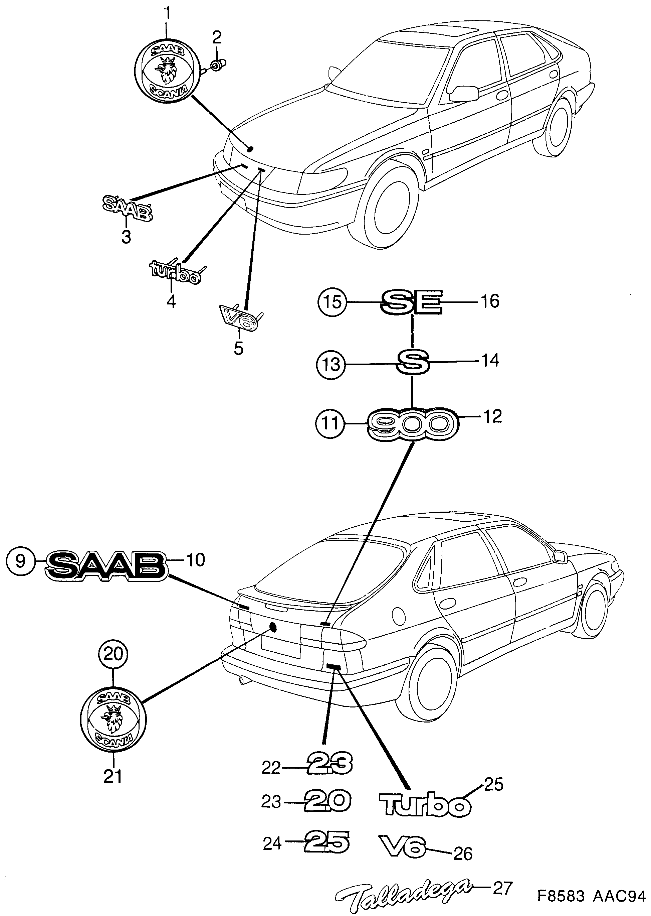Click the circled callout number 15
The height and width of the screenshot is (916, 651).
332,302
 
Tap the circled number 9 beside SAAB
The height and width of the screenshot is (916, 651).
20,560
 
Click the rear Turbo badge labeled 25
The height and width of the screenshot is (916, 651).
425,805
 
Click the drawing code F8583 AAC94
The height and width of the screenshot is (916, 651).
591,897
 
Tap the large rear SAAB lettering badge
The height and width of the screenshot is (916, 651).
105,565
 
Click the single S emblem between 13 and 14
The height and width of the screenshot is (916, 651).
413,361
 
